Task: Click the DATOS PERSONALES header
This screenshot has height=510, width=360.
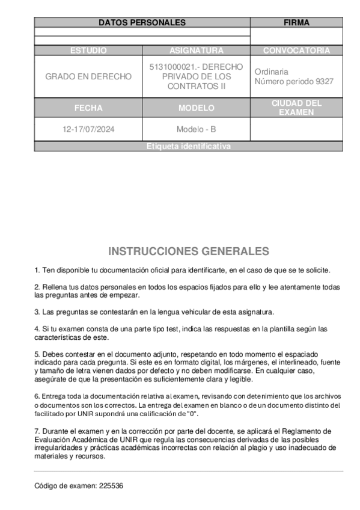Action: click(142, 23)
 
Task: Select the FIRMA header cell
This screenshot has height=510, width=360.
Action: click(296, 23)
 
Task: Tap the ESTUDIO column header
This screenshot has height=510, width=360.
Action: click(88, 51)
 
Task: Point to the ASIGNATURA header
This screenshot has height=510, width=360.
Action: click(196, 51)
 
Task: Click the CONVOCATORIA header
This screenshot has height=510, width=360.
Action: click(296, 51)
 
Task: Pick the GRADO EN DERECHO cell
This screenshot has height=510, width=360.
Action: click(88, 76)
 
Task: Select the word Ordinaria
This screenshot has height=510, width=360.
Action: click(272, 72)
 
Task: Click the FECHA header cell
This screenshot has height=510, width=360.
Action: click(88, 108)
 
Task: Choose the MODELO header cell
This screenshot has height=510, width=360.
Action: click(196, 108)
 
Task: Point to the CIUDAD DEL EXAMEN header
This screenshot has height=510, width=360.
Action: click(296, 108)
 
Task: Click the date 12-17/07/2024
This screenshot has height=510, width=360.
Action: click(88, 129)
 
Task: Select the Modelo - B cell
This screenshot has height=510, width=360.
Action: click(196, 129)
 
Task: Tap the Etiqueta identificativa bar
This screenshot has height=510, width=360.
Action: click(188, 146)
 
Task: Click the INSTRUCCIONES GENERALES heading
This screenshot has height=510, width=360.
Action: click(188, 251)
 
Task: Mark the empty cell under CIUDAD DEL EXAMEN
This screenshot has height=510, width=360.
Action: click(296, 129)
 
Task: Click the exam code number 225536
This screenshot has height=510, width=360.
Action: click(112, 485)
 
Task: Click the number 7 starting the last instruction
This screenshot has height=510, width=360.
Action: click(36, 431)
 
